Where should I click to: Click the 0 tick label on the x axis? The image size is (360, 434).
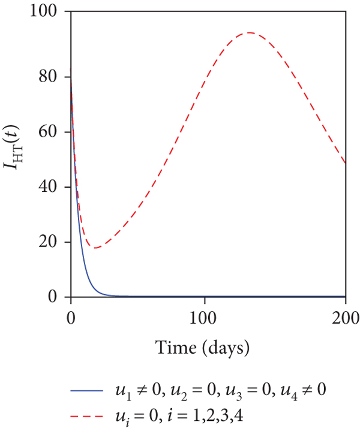[71, 317]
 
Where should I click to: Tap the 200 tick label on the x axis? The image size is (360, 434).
[346, 317]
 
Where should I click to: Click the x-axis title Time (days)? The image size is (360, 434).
[208, 347]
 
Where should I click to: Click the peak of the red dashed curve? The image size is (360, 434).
[248, 32]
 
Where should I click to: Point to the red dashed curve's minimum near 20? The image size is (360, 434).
[95, 248]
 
